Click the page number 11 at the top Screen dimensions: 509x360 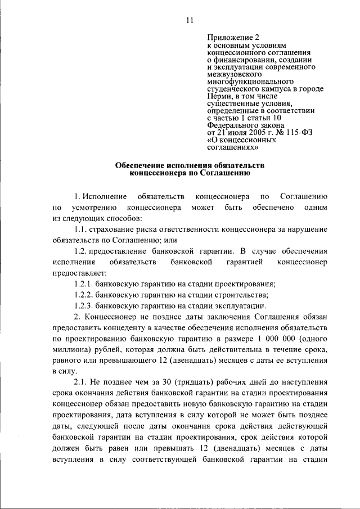190,21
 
